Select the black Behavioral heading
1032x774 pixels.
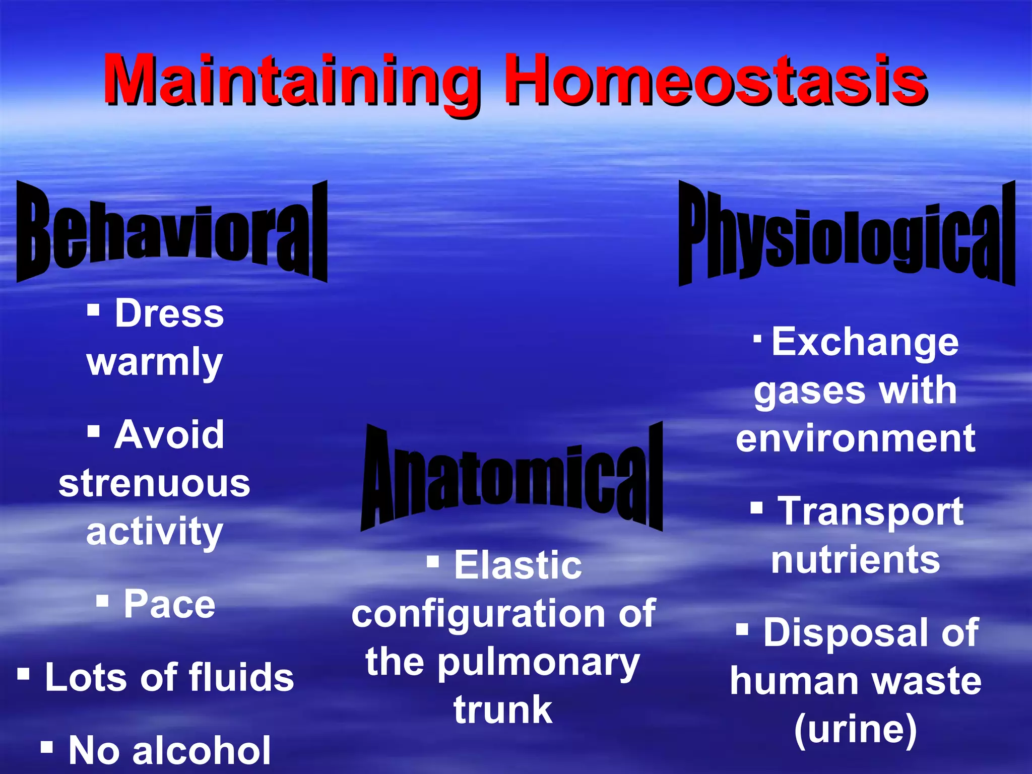(x=172, y=232)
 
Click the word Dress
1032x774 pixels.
(x=169, y=313)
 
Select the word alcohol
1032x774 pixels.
(x=202, y=750)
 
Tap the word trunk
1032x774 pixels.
(x=503, y=709)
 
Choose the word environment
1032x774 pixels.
(x=856, y=438)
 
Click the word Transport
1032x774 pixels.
(x=871, y=511)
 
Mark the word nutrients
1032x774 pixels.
(x=856, y=559)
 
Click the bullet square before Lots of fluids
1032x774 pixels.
(x=24, y=674)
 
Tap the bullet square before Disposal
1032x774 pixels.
(x=742, y=629)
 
